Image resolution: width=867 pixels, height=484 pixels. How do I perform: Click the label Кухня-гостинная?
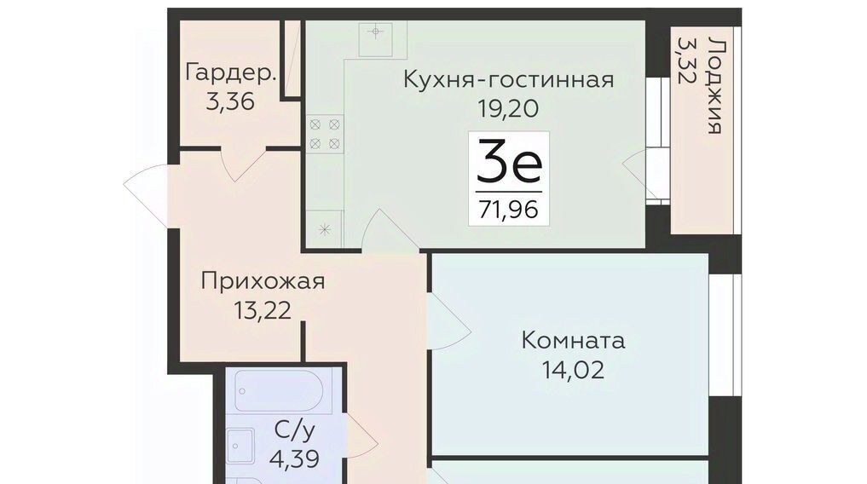coord(508,79)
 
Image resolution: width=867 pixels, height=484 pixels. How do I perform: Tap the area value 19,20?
coord(508,109)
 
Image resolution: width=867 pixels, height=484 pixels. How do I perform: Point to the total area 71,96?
coord(509,210)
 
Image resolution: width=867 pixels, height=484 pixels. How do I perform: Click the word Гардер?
coord(230,73)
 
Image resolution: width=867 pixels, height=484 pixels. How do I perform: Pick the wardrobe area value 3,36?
coord(230,101)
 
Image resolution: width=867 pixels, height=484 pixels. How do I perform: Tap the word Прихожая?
coord(263,282)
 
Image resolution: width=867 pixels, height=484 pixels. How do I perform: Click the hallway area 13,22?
coord(262,310)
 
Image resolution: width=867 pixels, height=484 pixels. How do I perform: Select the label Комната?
coord(573,340)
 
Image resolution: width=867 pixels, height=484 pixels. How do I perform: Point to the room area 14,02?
coord(573,370)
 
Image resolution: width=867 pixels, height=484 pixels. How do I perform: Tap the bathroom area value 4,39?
coord(294,458)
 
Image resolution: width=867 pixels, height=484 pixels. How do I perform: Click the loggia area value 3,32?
coord(685,60)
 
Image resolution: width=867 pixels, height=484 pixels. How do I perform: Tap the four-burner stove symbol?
coord(325,135)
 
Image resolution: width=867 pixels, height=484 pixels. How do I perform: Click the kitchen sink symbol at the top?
coord(376,39)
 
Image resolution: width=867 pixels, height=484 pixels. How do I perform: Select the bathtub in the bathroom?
coord(279,391)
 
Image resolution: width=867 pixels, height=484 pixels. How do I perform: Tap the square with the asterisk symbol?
coord(325,229)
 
